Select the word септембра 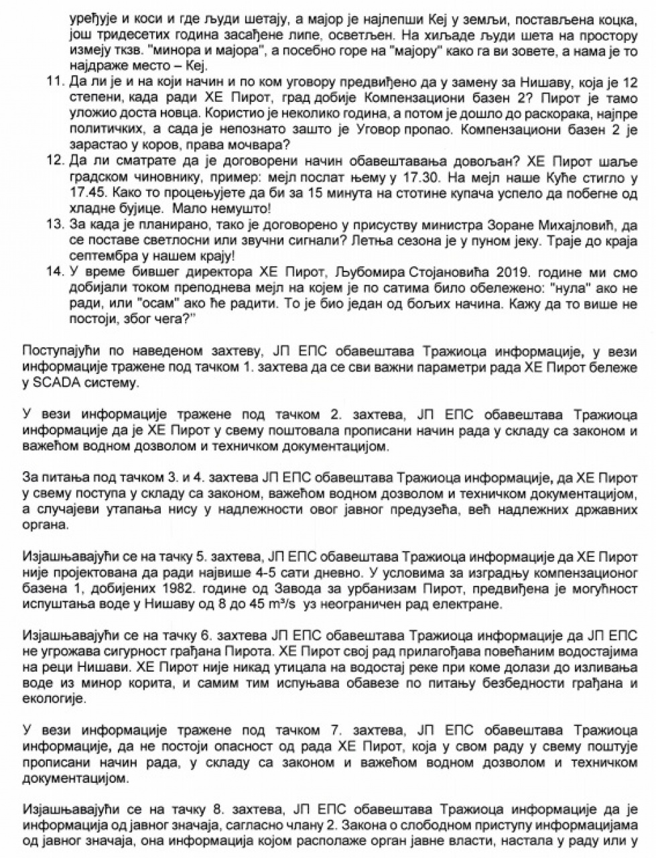point(99,256)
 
